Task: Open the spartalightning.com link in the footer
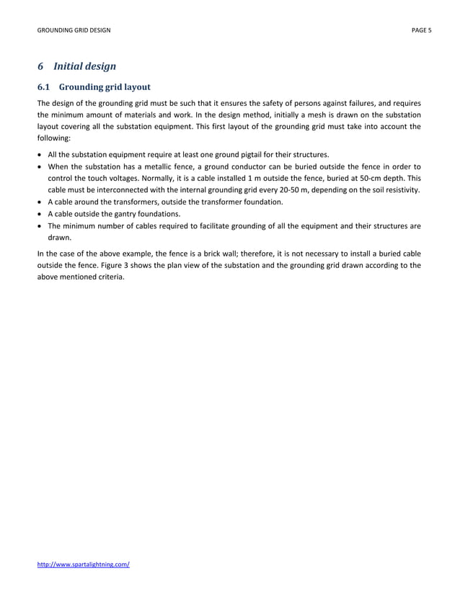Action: coord(84,564)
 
